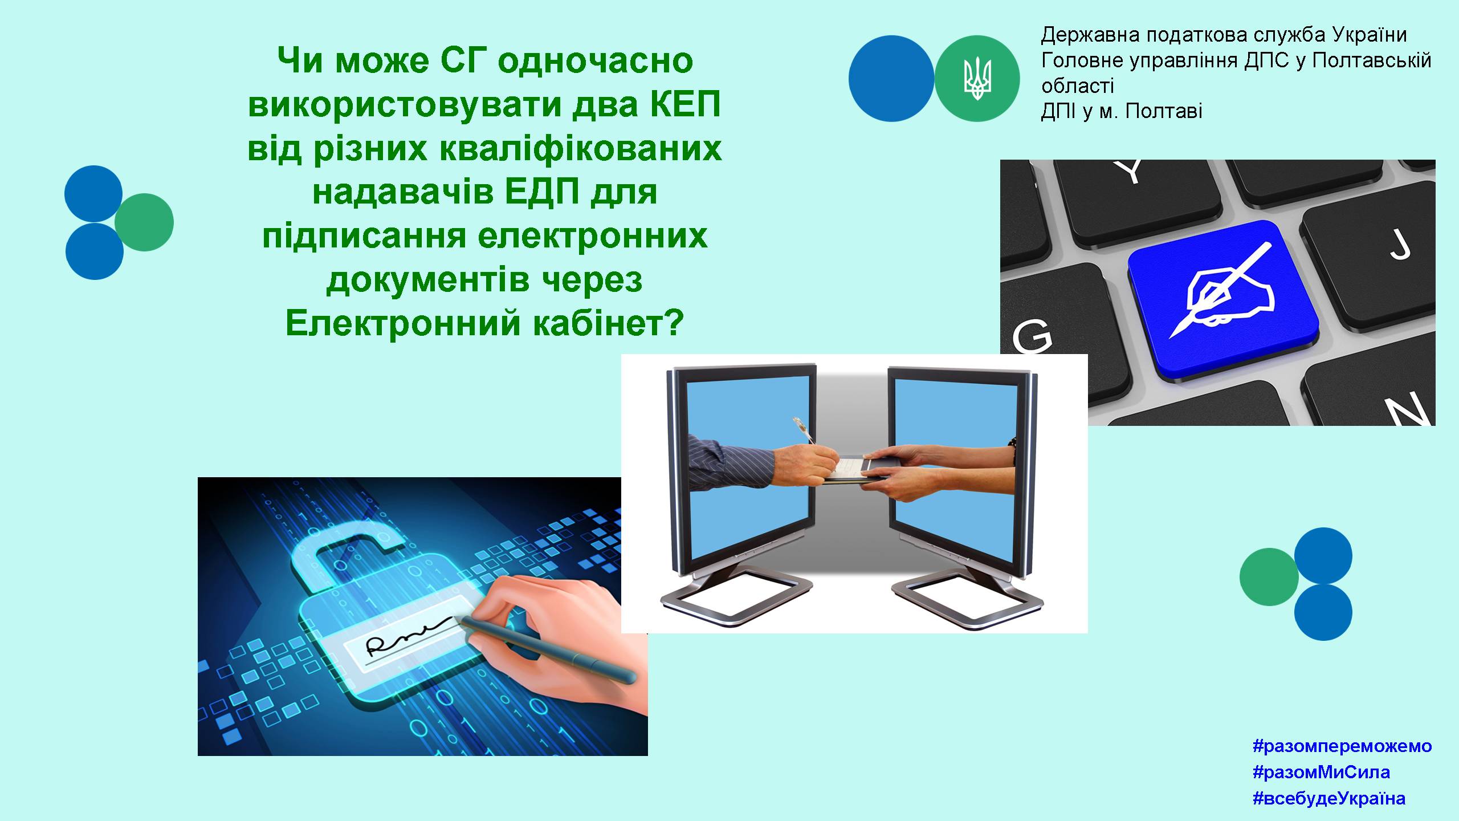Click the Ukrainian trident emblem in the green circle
tap(977, 79)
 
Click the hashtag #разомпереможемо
tap(1342, 746)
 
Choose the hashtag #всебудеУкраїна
tap(1329, 798)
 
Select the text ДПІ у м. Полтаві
tap(1122, 111)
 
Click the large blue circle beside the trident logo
tap(891, 79)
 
